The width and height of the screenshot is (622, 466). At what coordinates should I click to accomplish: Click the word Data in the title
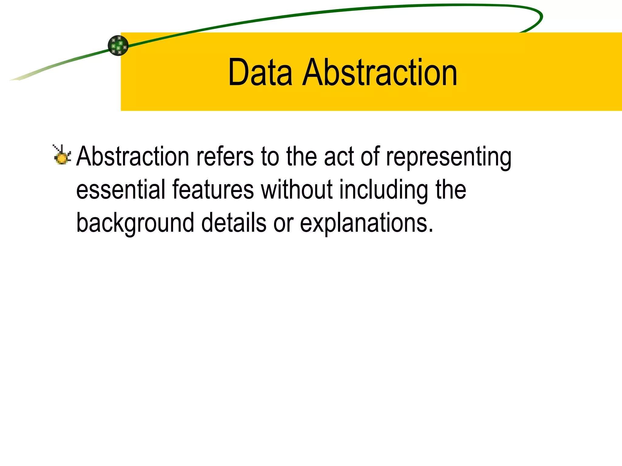coord(260,73)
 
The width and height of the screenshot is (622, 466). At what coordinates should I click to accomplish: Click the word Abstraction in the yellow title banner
coord(379,73)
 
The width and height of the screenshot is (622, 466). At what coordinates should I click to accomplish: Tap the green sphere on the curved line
coord(118,46)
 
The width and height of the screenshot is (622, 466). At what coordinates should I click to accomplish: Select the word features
coord(213,190)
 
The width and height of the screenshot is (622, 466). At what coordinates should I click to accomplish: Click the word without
coord(296,190)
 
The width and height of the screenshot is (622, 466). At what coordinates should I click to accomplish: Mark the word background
coord(135,223)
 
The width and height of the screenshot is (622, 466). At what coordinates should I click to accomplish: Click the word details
coord(234,223)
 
